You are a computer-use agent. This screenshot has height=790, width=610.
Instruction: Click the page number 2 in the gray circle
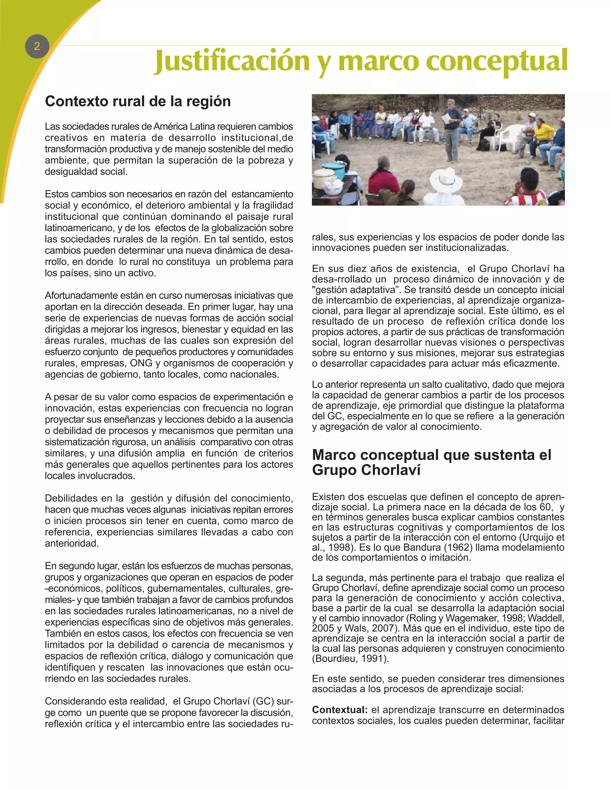pyautogui.click(x=37, y=46)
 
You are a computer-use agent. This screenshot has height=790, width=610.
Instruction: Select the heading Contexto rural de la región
pyautogui.click(x=138, y=101)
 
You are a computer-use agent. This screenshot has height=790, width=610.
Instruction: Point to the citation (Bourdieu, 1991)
pyautogui.click(x=350, y=658)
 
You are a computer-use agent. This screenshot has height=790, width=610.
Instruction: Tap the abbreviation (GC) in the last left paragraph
pyautogui.click(x=263, y=701)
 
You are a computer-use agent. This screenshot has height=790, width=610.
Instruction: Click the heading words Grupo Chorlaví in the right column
pyautogui.click(x=366, y=470)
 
